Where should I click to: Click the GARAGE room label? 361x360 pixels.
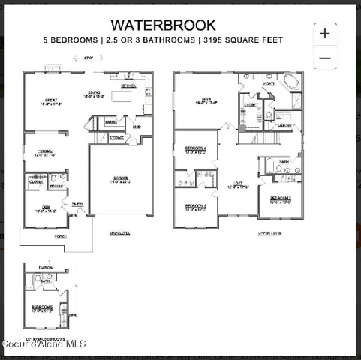click(121, 178)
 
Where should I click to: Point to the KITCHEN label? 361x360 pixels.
click(128, 86)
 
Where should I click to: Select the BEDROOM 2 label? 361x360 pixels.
click(281, 199)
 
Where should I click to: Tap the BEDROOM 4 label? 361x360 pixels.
click(195, 148)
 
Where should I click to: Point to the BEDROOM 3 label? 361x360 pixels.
click(195, 206)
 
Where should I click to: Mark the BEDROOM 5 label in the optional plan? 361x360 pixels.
click(42, 307)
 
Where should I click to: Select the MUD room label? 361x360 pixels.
click(137, 127)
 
